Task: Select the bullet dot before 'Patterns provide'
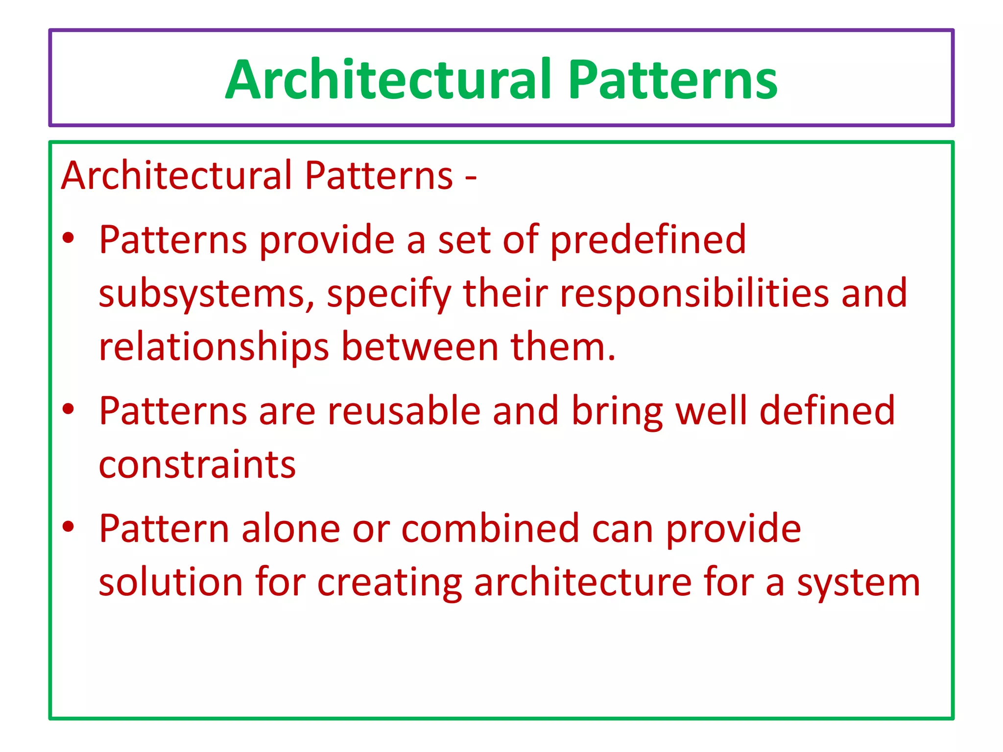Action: pos(69,238)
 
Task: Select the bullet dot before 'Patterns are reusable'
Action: pos(69,409)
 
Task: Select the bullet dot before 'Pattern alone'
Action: pos(69,527)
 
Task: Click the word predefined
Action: pos(647,240)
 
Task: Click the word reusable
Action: pos(404,411)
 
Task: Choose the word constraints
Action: pos(197,464)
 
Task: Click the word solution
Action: pos(170,582)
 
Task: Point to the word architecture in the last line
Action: pos(582,582)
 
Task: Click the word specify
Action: pos(388,294)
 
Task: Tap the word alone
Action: pos(290,529)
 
